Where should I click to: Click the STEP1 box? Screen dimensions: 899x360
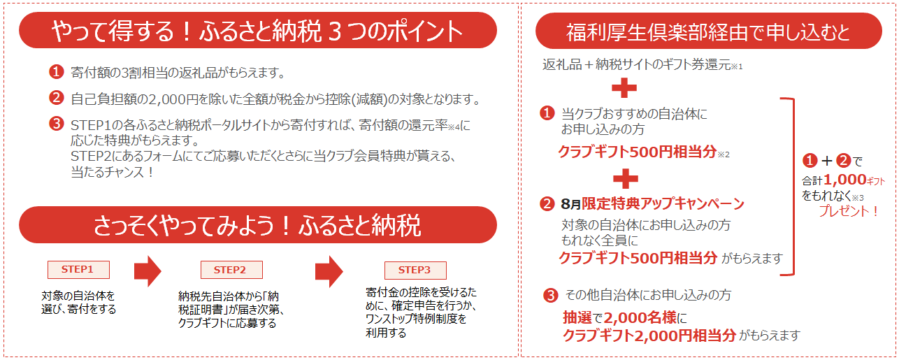click(x=78, y=269)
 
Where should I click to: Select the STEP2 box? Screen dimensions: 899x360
click(x=231, y=270)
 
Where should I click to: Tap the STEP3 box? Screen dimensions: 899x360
click(x=415, y=270)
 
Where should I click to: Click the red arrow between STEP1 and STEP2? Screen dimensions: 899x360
click(x=148, y=271)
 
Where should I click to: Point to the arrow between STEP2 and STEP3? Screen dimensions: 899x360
click(x=329, y=271)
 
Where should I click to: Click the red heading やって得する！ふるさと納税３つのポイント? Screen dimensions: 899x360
click(x=257, y=31)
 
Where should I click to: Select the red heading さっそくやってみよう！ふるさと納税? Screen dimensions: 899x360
click(x=257, y=226)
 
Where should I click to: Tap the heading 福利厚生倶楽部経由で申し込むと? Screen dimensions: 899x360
click(x=708, y=32)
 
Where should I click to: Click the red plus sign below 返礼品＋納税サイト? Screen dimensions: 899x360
click(x=626, y=88)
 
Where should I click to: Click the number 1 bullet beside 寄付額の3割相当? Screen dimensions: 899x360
click(x=56, y=71)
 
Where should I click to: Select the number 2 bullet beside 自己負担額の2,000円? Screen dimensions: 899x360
click(x=56, y=98)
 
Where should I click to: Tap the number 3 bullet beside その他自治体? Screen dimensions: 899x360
click(x=550, y=295)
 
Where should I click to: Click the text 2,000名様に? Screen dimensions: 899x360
click(x=642, y=317)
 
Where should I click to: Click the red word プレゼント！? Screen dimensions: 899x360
click(x=849, y=210)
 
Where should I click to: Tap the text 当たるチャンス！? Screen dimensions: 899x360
click(x=112, y=172)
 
